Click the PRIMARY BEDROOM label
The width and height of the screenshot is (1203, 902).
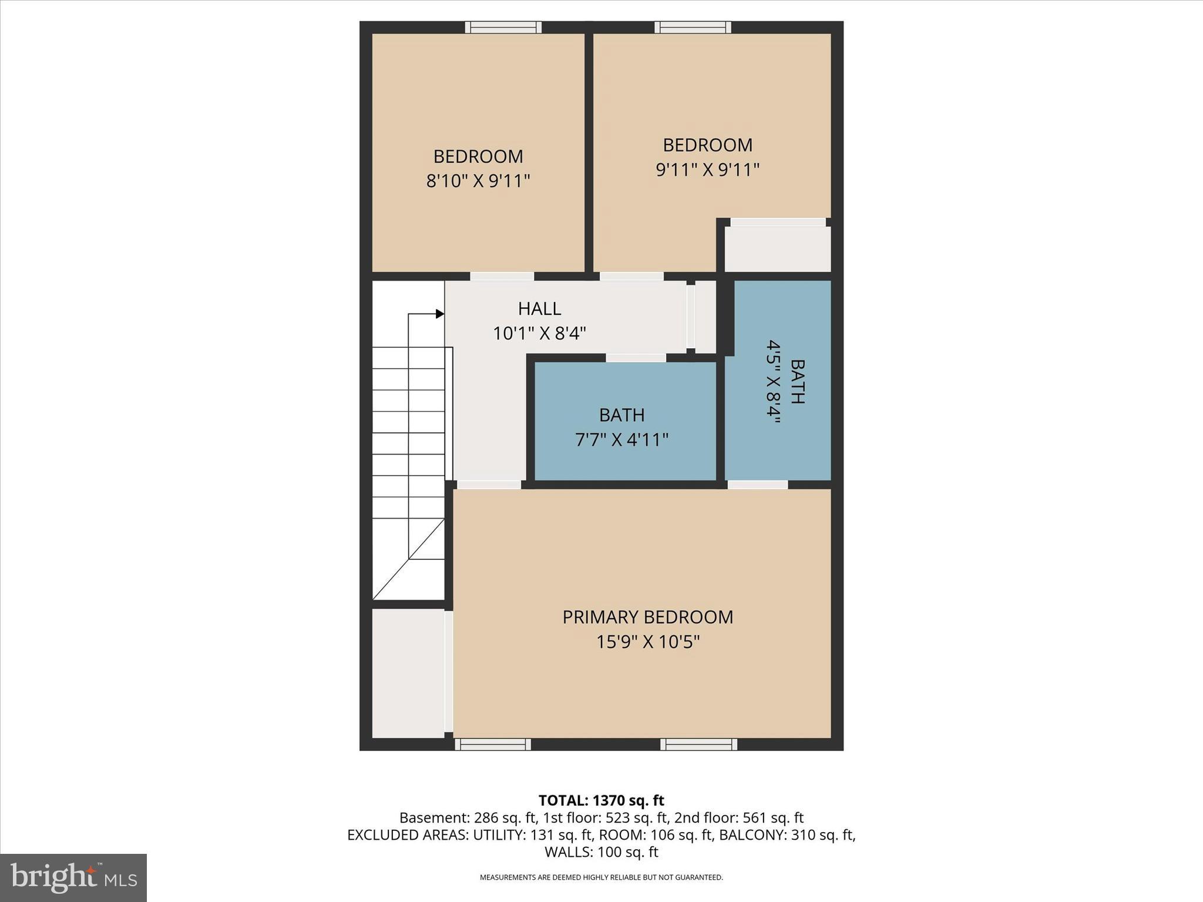click(647, 617)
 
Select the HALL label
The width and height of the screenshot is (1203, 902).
click(539, 309)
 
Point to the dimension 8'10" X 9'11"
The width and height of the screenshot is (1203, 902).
click(478, 181)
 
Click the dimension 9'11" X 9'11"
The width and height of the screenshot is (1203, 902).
click(707, 170)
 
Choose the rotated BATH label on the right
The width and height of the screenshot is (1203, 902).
click(797, 382)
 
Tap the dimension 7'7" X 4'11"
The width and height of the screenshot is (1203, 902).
click(621, 440)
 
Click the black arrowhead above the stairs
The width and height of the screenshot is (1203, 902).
click(439, 314)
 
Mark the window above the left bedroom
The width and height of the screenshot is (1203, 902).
click(503, 27)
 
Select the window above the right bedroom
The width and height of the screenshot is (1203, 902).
click(693, 27)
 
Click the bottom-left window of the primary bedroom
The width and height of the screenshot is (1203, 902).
click(493, 745)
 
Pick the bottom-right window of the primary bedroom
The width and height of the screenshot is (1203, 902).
click(698, 745)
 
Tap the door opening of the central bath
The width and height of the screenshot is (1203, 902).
click(636, 358)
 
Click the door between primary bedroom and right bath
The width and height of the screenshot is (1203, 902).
click(758, 484)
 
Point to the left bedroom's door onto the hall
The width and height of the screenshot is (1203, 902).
click(502, 277)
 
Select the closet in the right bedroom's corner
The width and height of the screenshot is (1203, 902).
click(777, 249)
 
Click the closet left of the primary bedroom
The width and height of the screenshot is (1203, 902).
click(408, 673)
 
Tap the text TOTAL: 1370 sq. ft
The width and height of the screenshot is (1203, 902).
click(601, 800)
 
